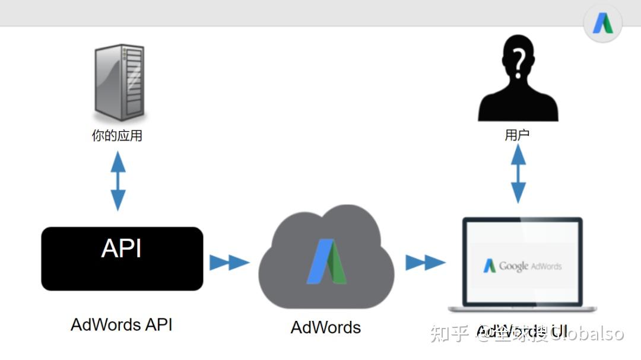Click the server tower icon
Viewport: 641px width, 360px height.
tap(119, 82)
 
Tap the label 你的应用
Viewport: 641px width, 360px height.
tap(117, 136)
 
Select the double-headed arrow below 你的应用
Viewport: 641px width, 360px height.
tap(118, 181)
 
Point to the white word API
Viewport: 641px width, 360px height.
tap(122, 249)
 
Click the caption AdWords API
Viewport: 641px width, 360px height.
tap(122, 325)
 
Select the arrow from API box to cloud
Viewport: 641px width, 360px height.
tap(229, 262)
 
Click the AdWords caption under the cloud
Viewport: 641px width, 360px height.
tap(326, 327)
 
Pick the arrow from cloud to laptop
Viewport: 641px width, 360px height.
tap(425, 262)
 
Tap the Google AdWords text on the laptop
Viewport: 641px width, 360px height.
tap(530, 266)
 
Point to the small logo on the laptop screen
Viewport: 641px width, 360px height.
tap(490, 266)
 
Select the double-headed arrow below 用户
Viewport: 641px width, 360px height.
tap(518, 173)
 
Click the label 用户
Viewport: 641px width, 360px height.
tap(517, 135)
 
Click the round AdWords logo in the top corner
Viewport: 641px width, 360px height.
tap(602, 24)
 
